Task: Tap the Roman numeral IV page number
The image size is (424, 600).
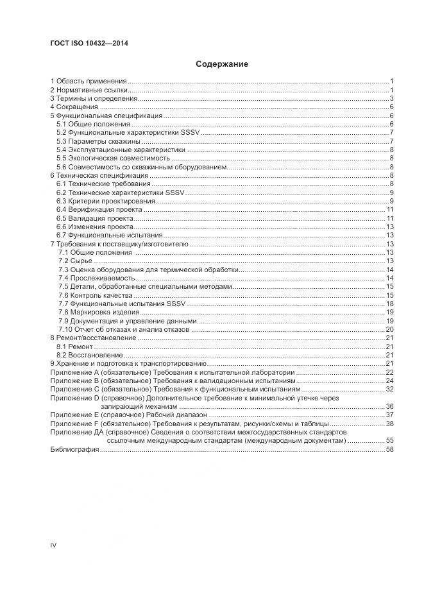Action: [54, 545]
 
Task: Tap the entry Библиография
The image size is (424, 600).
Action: [74, 450]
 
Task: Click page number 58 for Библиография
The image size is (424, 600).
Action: [389, 450]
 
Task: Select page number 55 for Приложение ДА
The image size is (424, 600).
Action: [389, 441]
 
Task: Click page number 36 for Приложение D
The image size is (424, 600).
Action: [389, 407]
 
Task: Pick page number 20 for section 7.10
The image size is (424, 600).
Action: [389, 329]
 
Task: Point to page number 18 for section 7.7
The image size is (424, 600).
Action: [389, 304]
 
